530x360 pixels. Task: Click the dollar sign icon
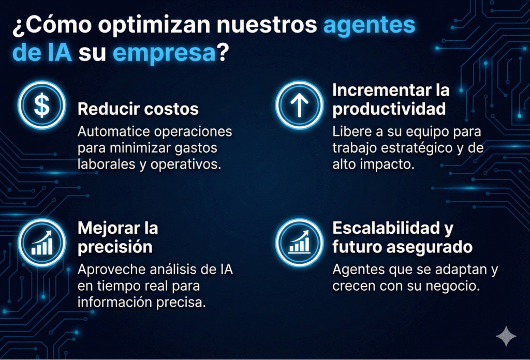42,105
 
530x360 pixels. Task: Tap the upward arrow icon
299,105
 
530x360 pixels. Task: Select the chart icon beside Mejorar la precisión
42,243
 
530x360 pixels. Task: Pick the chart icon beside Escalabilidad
299,243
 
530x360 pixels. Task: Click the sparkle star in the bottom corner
506,336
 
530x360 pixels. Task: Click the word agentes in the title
369,26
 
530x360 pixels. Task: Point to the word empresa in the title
164,53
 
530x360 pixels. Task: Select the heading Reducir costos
138,109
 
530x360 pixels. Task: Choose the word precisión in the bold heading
115,247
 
